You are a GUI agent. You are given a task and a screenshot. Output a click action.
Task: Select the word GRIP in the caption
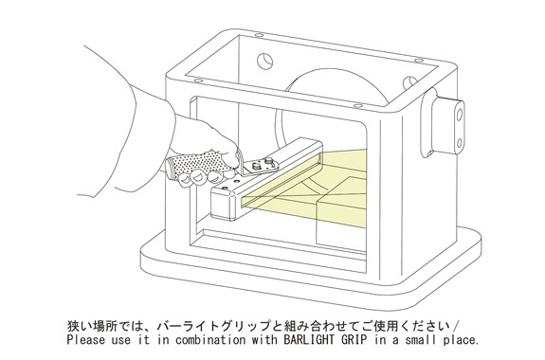[354, 339]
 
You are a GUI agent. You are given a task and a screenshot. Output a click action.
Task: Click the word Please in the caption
[85, 339]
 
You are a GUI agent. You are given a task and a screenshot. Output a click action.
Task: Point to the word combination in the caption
[209, 339]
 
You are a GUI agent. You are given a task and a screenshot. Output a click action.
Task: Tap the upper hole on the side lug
[460, 115]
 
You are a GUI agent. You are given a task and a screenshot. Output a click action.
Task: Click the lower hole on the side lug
[459, 143]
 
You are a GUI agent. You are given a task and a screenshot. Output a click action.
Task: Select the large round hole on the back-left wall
[264, 62]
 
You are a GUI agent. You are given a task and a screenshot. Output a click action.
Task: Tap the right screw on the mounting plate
[268, 160]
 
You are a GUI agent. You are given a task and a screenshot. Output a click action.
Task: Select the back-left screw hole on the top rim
[258, 35]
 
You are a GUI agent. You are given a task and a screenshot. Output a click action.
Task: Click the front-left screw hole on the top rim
[198, 81]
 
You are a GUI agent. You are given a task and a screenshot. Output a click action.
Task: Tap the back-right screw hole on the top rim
[419, 61]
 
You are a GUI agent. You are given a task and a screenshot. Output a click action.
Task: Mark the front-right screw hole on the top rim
[357, 106]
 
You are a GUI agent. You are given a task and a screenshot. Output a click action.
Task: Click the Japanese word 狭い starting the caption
[79, 326]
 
